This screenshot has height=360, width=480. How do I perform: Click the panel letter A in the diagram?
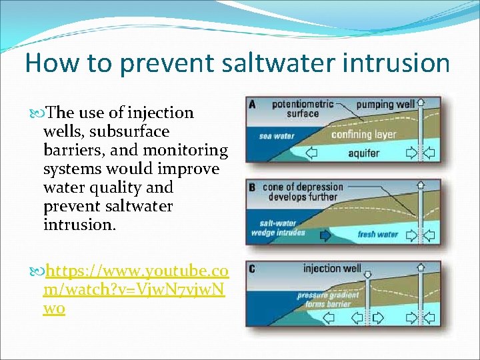(x=251, y=105)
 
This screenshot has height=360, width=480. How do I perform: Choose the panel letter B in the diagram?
(x=251, y=187)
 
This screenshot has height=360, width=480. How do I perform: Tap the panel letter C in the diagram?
(x=251, y=269)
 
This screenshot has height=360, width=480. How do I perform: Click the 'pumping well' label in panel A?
(x=385, y=105)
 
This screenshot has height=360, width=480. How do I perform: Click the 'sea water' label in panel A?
(x=277, y=136)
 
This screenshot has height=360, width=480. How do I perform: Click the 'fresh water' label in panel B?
(x=377, y=234)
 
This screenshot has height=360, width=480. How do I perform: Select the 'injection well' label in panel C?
(x=332, y=269)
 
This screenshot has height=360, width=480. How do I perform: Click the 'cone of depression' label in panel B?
(x=303, y=192)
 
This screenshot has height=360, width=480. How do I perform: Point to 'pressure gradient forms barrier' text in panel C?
(x=327, y=299)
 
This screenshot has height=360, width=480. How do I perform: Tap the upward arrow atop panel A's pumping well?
(x=420, y=103)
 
